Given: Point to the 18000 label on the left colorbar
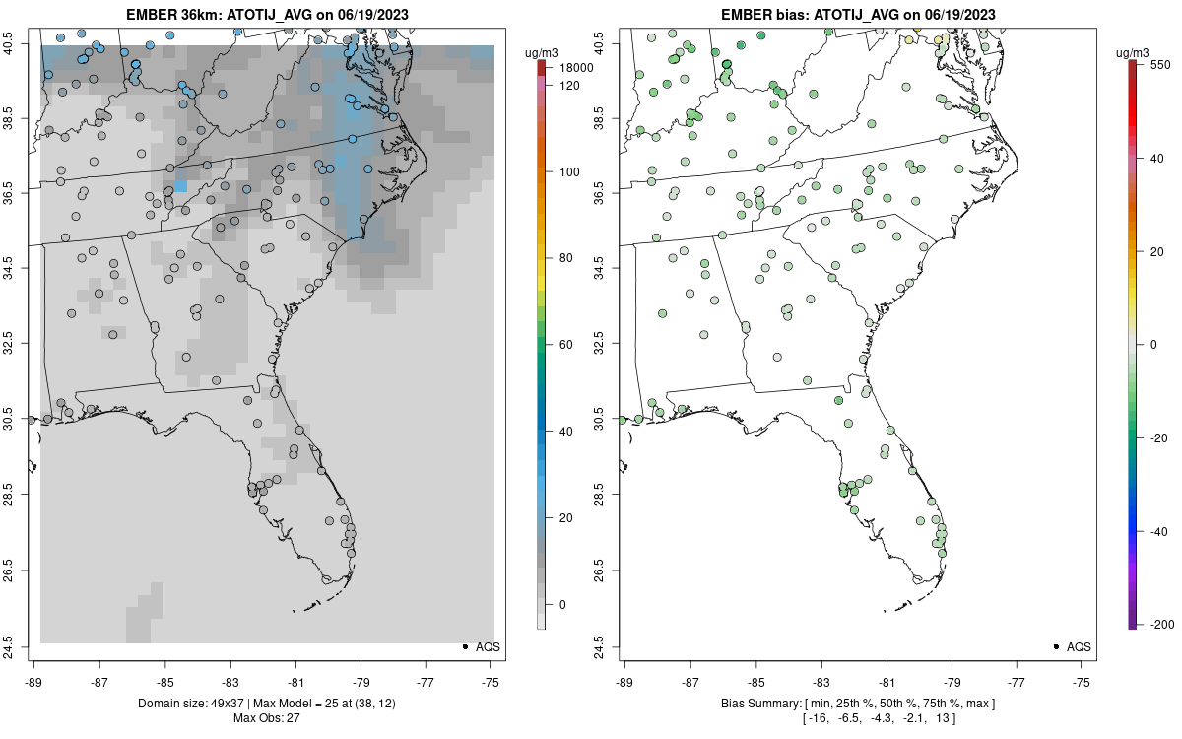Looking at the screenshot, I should [x=575, y=68].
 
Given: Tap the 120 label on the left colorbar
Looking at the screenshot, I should [x=568, y=86].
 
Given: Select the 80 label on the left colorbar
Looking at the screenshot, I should [x=565, y=258].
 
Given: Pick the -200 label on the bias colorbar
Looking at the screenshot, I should [x=1163, y=625].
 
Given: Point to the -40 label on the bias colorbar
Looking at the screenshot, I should [x=1160, y=531].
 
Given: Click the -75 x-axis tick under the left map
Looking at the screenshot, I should [x=491, y=681].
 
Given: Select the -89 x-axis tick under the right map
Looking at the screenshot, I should [x=624, y=681].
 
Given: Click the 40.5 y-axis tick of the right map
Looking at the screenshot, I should [x=611, y=43].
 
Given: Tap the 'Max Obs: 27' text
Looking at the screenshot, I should [x=266, y=717].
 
